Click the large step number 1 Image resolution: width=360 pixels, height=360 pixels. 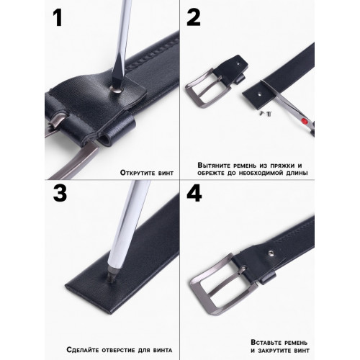[x=58, y=17]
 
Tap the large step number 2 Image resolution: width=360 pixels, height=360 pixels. [x=194, y=17]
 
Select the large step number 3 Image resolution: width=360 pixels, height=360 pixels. [x=60, y=194]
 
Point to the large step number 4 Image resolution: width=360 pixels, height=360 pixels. [x=194, y=194]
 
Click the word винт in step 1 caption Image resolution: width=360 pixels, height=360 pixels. [x=166, y=173]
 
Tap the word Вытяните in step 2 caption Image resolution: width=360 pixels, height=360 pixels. [x=214, y=166]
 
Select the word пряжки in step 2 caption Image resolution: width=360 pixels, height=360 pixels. [x=282, y=166]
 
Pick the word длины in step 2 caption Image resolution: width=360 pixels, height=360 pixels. [x=297, y=173]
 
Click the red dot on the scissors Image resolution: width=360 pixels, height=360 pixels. [x=305, y=120]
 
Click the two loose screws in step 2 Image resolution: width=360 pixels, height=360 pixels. [x=266, y=113]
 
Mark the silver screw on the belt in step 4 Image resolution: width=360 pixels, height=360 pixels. [x=271, y=252]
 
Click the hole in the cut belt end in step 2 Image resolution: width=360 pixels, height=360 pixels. [x=260, y=94]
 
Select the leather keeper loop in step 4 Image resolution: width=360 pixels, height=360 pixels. [x=267, y=277]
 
